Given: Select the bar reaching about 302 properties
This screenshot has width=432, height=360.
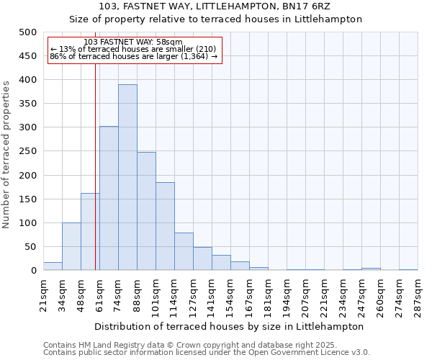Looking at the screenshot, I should [x=109, y=199].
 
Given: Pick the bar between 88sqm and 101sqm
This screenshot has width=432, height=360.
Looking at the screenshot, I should [x=146, y=212].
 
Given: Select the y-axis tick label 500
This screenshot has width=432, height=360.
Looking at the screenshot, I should [x=28, y=32].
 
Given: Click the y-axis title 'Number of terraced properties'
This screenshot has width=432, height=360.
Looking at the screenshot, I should [x=6, y=154].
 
